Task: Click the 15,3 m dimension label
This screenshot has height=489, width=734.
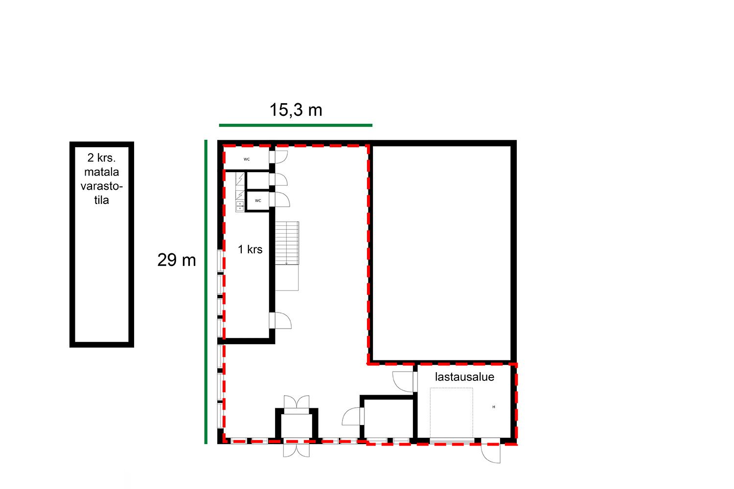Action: (x=296, y=110)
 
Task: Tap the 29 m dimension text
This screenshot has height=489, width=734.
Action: (x=177, y=260)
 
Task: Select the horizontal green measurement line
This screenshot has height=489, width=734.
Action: (x=296, y=125)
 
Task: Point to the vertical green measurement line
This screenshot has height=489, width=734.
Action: (x=206, y=292)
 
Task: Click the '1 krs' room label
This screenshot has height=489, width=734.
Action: (x=250, y=249)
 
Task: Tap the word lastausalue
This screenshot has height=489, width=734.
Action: (x=464, y=377)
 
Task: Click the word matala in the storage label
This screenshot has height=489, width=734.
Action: (x=102, y=172)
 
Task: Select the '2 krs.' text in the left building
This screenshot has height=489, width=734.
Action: (x=102, y=158)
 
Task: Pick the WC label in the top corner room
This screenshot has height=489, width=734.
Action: (x=247, y=159)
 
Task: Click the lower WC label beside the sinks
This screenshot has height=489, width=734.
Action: (x=258, y=200)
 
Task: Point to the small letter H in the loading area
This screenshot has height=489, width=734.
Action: (x=494, y=407)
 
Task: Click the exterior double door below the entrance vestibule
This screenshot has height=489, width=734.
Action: (x=296, y=450)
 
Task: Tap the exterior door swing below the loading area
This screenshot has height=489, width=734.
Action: (x=491, y=454)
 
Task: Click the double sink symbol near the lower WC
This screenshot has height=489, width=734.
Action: (x=240, y=206)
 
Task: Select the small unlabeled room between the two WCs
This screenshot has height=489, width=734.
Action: (x=258, y=180)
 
